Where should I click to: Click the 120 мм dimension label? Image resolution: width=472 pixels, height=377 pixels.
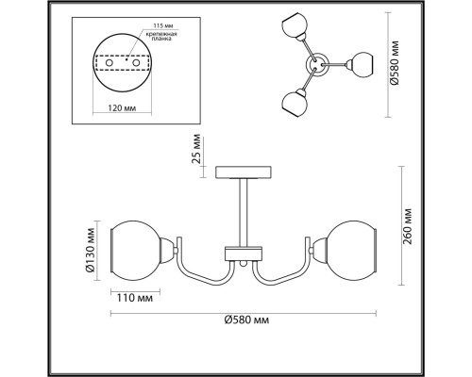click(x=122, y=108)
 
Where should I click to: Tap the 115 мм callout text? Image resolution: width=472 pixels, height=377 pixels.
click(x=163, y=25)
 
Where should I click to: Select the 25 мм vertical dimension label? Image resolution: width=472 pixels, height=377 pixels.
click(x=195, y=149)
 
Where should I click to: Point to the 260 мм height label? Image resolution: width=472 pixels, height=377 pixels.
click(x=407, y=227)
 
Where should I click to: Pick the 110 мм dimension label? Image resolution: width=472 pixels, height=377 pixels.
click(x=135, y=298)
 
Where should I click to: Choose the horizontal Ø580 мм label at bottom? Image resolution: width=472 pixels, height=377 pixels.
click(x=246, y=320)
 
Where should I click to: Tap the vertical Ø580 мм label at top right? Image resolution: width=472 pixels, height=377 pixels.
click(x=394, y=63)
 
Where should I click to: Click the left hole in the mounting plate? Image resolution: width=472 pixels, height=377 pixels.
click(x=110, y=63)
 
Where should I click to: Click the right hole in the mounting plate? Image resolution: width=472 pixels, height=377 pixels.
click(x=136, y=63)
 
